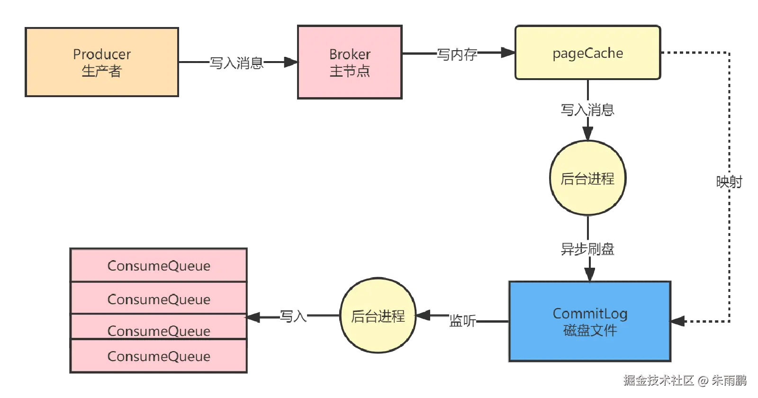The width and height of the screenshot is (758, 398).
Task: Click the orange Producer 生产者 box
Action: tap(102, 63)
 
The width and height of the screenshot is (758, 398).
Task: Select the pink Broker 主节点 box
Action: tap(350, 63)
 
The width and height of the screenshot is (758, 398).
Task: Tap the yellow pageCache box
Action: tap(587, 53)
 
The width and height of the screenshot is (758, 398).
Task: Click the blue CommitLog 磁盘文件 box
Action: tap(590, 321)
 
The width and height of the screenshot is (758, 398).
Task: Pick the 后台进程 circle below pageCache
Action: tap(587, 179)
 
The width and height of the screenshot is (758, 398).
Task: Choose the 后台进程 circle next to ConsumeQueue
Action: tap(378, 316)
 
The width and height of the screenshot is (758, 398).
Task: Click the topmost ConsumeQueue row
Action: tap(159, 266)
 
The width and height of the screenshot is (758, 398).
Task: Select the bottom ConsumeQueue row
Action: tap(159, 356)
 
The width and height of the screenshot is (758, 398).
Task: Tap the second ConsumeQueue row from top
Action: tap(159, 299)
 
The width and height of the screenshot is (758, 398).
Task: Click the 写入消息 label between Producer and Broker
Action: tap(237, 63)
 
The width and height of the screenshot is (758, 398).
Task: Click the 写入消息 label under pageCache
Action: tap(588, 109)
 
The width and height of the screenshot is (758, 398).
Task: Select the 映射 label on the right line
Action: tap(729, 181)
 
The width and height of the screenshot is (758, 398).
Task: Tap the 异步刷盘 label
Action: tap(588, 249)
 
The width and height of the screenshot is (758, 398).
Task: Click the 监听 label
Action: tap(462, 321)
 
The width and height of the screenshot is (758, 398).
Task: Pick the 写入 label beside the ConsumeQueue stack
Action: tap(293, 316)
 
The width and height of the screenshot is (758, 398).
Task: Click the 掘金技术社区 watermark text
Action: tap(658, 380)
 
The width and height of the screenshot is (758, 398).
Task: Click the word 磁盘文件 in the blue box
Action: tap(590, 330)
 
